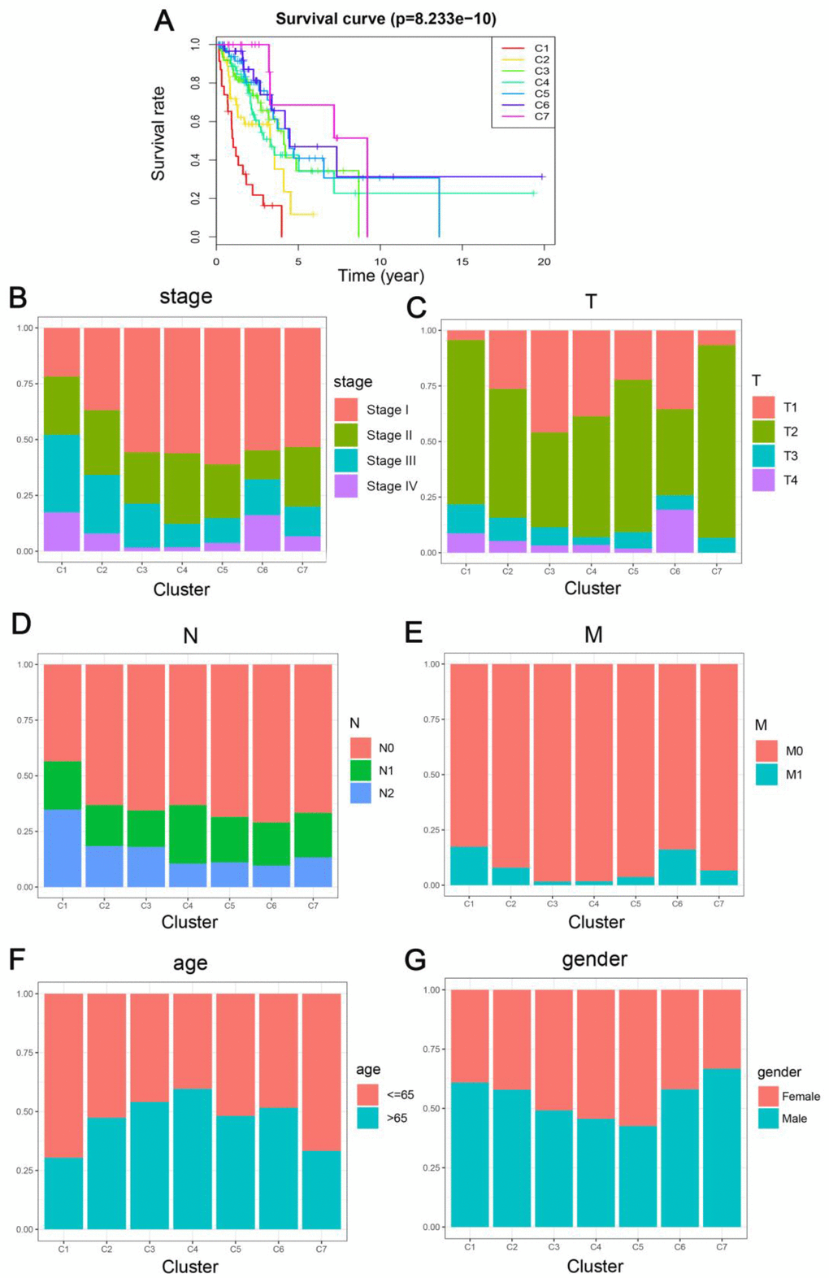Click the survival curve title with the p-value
click(385, 19)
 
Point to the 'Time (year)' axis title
click(380, 276)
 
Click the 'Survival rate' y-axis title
click(158, 133)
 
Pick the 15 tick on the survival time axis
click(462, 262)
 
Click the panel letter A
click(164, 20)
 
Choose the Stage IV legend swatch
click(346, 486)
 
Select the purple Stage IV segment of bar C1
click(62, 532)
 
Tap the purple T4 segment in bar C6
click(675, 531)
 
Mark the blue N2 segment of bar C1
click(63, 848)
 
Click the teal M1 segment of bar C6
click(677, 867)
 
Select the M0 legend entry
click(779, 751)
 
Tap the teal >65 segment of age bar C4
click(192, 1158)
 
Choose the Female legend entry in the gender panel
click(788, 1097)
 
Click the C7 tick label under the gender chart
click(722, 1246)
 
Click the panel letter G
click(415, 960)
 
